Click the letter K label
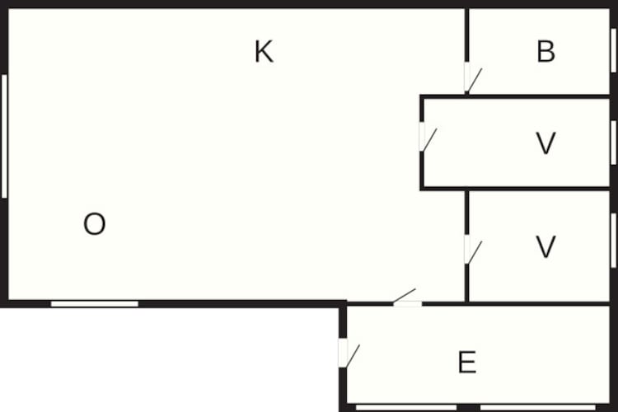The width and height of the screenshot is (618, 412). pyautogui.click(x=264, y=51)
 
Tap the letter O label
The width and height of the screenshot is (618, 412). pyautogui.click(x=95, y=223)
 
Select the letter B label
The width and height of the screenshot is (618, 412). pyautogui.click(x=545, y=51)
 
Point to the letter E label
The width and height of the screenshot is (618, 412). pyautogui.click(x=467, y=362)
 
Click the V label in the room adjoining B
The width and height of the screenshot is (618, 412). pyautogui.click(x=545, y=143)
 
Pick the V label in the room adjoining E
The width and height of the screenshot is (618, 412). pyautogui.click(x=545, y=247)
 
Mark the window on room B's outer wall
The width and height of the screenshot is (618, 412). pyautogui.click(x=614, y=50)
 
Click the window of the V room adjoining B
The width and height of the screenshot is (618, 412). pyautogui.click(x=614, y=143)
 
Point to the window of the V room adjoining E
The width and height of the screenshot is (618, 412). pyautogui.click(x=614, y=241)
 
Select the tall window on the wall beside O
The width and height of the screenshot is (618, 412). pyautogui.click(x=4, y=136)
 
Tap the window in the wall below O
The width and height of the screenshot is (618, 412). pyautogui.click(x=95, y=304)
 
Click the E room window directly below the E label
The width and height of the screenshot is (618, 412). pyautogui.click(x=537, y=407)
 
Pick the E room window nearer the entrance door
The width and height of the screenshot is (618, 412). pyautogui.click(x=406, y=407)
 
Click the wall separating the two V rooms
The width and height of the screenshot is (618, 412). pyautogui.click(x=516, y=189)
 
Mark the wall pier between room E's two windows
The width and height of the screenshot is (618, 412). pyautogui.click(x=469, y=407)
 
